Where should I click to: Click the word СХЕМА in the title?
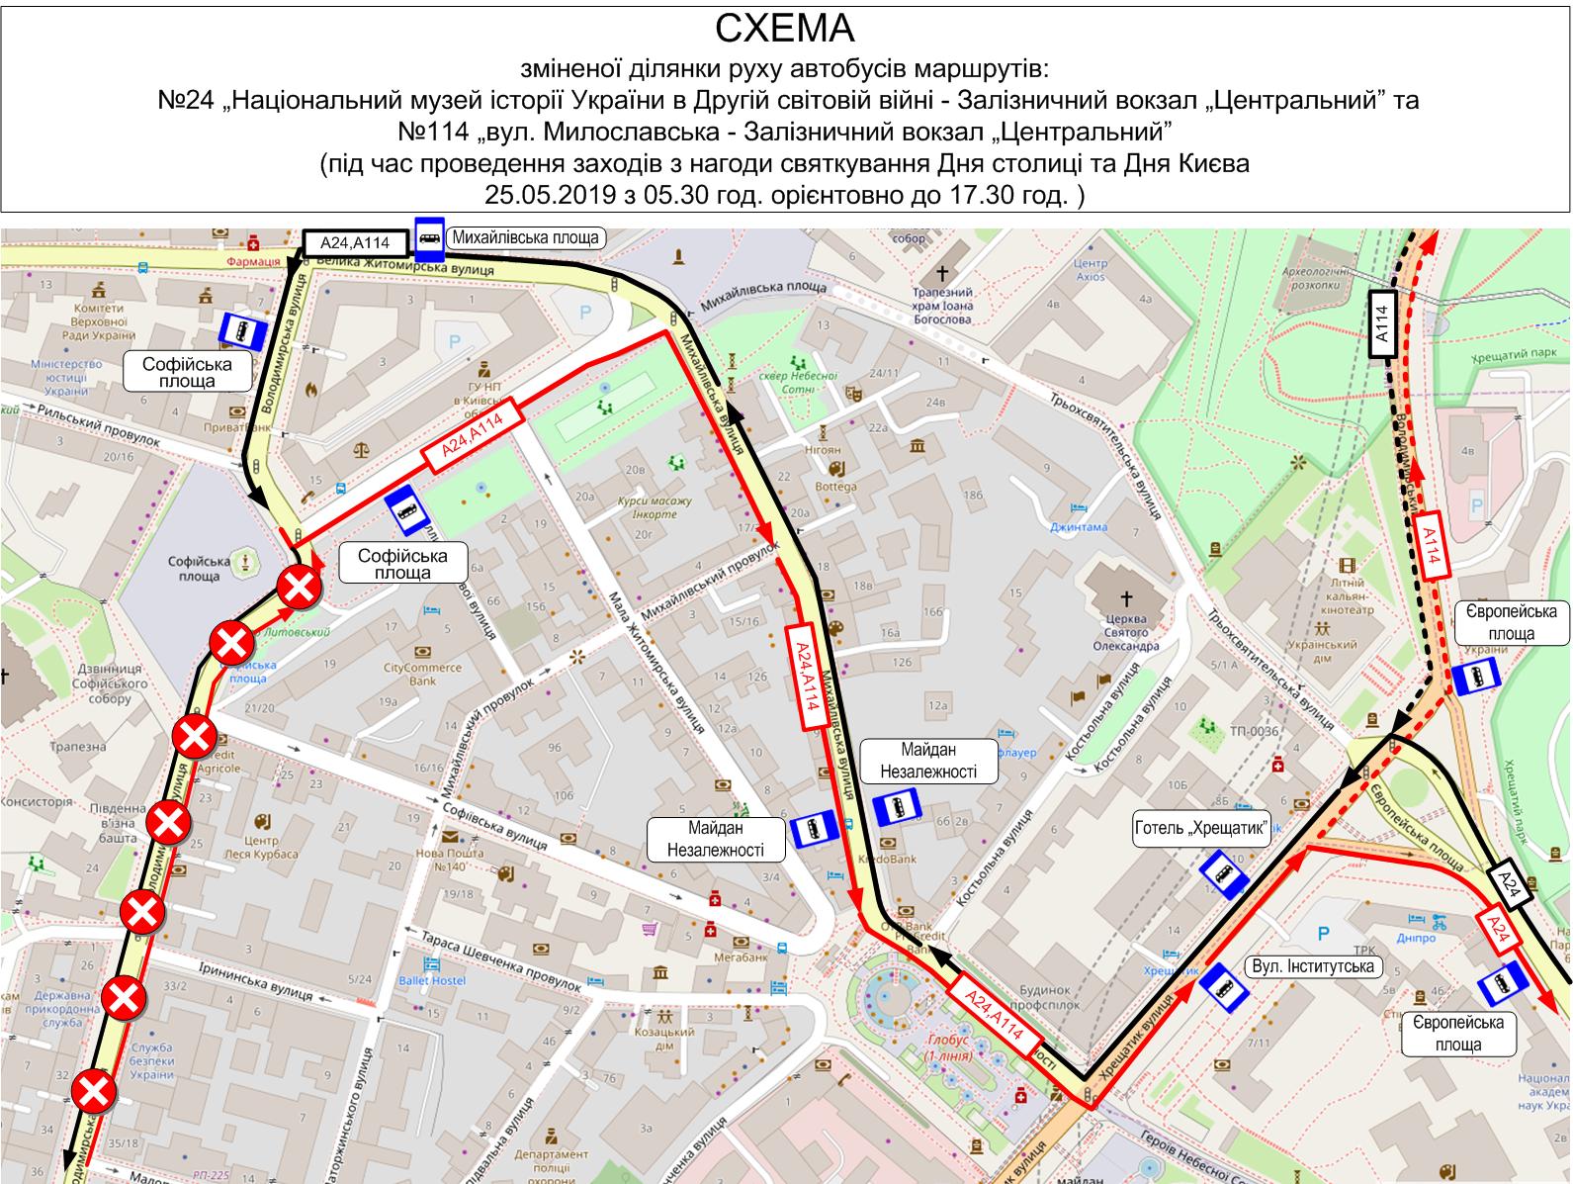(785, 29)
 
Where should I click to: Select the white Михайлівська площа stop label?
(525, 237)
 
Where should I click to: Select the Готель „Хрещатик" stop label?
(1201, 829)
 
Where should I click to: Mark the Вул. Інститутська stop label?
(1313, 966)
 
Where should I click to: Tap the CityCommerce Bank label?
(422, 673)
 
